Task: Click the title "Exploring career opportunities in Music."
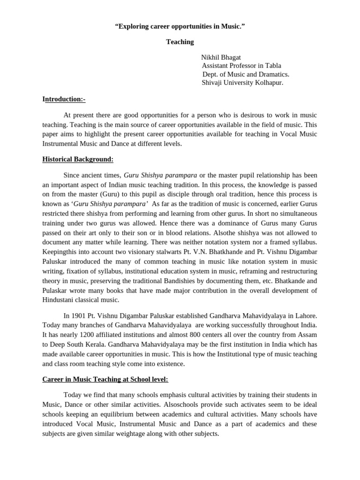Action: pos(180,26)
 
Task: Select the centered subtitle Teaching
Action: pos(180,42)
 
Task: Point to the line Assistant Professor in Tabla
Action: pos(241,66)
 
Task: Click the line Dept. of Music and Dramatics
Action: pos(246,75)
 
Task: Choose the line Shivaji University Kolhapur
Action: pos(242,83)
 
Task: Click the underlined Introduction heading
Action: pos(64,99)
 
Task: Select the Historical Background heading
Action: pos(78,159)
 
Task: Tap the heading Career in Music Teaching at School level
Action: pos(105,379)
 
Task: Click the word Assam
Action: pos(307,335)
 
